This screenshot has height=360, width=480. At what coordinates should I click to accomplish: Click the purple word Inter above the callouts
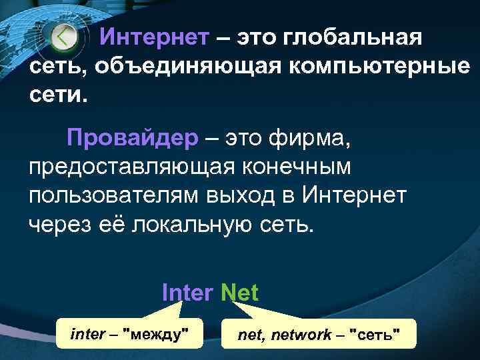(x=187, y=293)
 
